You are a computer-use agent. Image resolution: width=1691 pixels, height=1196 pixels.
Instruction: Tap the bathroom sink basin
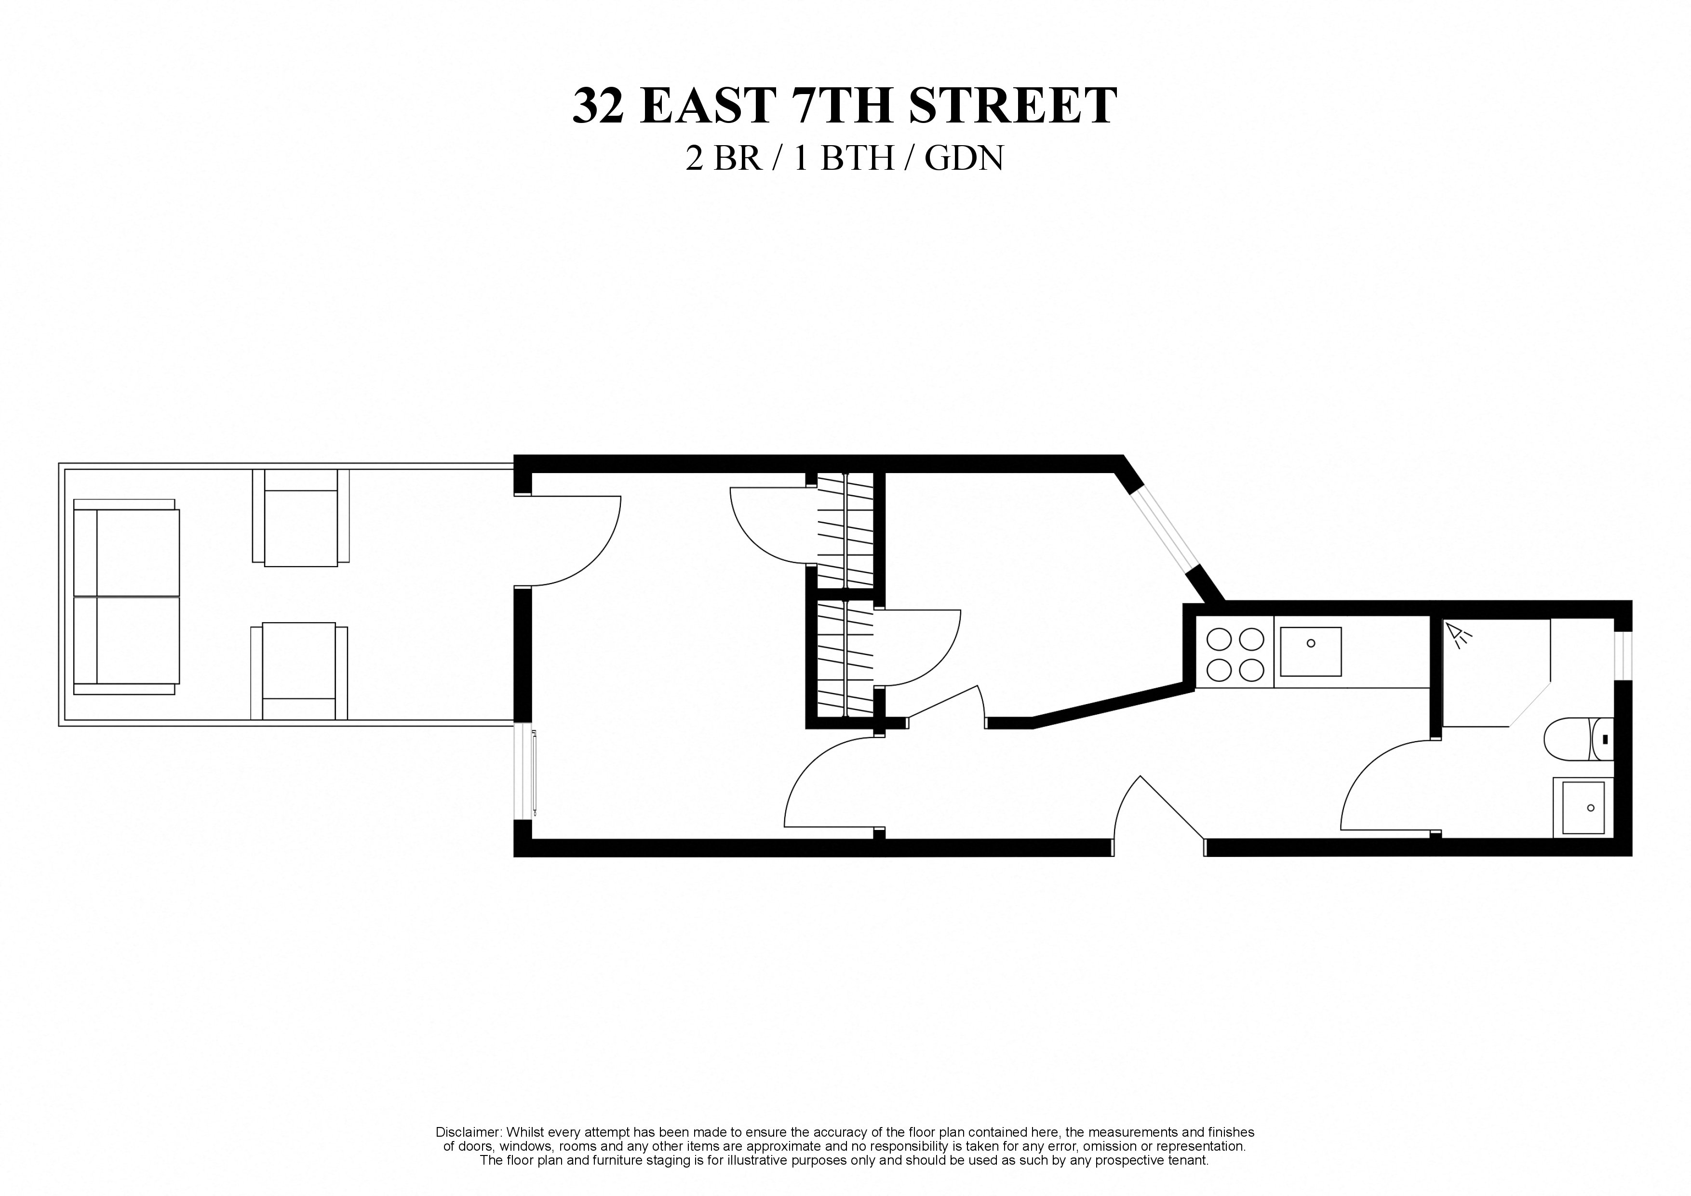click(x=1582, y=808)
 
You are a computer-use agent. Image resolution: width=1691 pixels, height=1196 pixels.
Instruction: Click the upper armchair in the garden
click(x=300, y=517)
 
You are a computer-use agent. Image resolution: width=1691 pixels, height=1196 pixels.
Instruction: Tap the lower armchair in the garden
click(x=299, y=671)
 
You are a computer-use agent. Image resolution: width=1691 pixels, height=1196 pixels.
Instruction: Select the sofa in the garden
click(x=127, y=597)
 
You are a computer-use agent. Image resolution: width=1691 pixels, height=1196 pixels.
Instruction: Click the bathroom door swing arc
click(x=1384, y=788)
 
